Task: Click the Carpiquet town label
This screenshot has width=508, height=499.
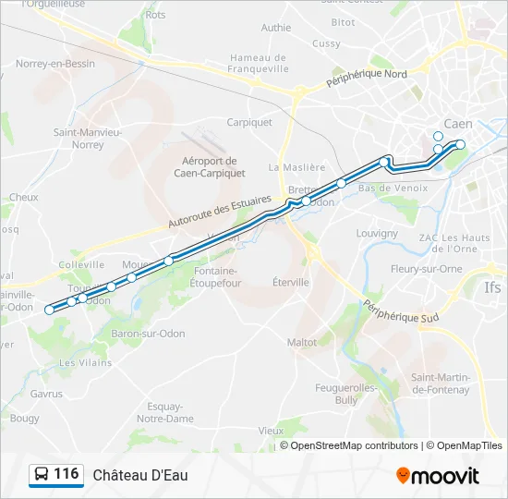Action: click(249, 122)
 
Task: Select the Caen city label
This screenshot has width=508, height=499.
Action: click(458, 124)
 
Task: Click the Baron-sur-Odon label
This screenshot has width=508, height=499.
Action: click(148, 334)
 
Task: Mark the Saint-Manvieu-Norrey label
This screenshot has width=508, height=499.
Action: click(88, 139)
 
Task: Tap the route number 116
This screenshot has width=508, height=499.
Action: click(66, 474)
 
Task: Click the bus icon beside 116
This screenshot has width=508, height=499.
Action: click(41, 475)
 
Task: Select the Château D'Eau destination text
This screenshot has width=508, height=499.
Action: click(139, 475)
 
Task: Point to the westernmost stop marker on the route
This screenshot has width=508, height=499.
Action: click(50, 310)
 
